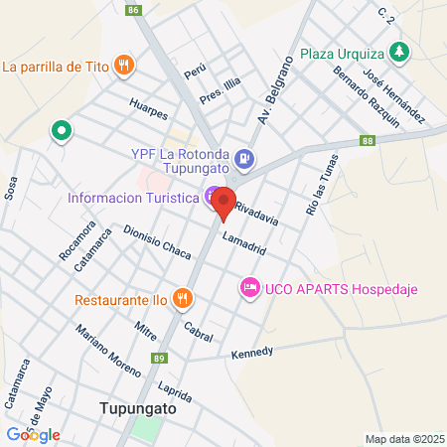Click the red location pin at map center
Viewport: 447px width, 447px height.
tap(223, 203)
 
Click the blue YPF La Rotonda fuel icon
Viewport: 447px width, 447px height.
tap(245, 156)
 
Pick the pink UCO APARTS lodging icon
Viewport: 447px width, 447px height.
tap(249, 288)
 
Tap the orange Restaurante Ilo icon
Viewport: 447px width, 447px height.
tap(182, 297)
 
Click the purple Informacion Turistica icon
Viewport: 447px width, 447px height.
tap(212, 197)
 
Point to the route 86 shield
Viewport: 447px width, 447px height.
tap(134, 10)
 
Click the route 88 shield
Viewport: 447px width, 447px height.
tap(368, 142)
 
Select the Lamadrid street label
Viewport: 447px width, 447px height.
tap(244, 243)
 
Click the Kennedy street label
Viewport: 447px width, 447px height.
tap(251, 354)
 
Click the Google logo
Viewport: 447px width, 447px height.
tap(33, 434)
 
